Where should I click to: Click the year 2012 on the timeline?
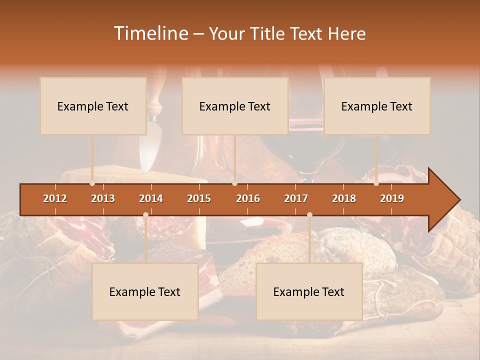55,198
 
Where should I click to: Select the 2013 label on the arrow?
103,198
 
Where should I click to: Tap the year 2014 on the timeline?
151,198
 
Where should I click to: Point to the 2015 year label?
199,198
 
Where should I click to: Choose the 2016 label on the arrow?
248,198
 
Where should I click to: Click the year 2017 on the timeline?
296,198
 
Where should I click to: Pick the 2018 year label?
344,198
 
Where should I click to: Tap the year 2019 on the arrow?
392,198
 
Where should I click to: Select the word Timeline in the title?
150,33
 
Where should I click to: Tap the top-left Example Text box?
93,106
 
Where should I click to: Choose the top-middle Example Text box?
235,106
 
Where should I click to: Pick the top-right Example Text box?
377,106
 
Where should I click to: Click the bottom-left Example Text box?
145,291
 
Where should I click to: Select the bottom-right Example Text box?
309,291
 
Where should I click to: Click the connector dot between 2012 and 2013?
92,183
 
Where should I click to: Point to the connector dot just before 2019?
376,183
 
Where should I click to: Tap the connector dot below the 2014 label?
145,214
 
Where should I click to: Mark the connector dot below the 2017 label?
309,214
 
